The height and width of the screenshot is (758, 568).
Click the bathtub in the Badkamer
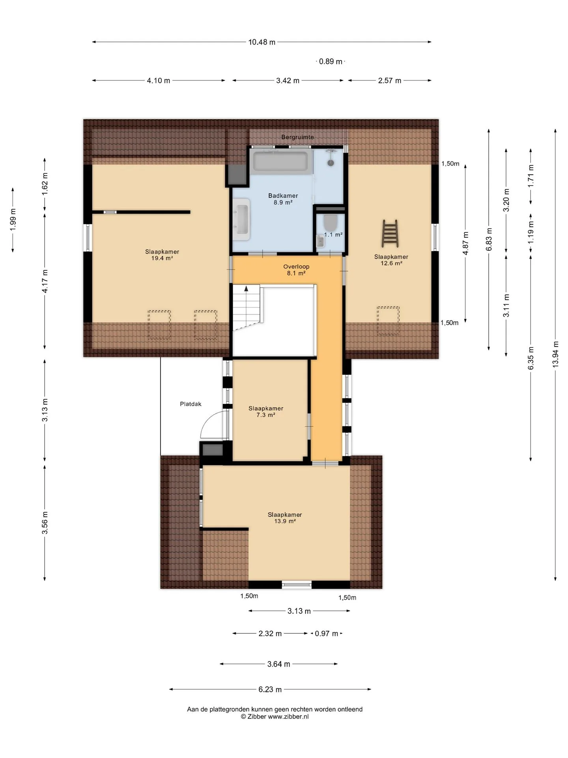pyautogui.click(x=280, y=161)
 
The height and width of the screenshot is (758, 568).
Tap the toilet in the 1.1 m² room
pyautogui.click(x=330, y=222)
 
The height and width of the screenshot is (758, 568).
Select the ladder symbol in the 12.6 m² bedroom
pyautogui.click(x=390, y=233)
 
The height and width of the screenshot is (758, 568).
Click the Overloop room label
pyautogui.click(x=296, y=270)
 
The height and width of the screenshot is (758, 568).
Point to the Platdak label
pyautogui.click(x=191, y=404)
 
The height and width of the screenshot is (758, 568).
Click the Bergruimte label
pyautogui.click(x=297, y=137)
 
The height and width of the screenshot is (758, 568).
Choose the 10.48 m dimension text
pyautogui.click(x=262, y=42)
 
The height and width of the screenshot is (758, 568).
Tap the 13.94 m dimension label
pyautogui.click(x=555, y=354)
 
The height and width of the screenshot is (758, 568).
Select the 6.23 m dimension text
pyautogui.click(x=270, y=689)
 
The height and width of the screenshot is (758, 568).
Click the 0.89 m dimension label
pyautogui.click(x=331, y=61)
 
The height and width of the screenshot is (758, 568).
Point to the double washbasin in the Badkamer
pyautogui.click(x=241, y=219)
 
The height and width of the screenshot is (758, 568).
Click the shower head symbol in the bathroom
pyautogui.click(x=331, y=162)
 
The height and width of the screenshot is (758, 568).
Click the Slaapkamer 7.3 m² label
pyautogui.click(x=266, y=411)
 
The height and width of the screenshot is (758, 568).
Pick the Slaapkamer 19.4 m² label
pyautogui.click(x=162, y=255)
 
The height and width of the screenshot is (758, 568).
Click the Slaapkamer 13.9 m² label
pyautogui.click(x=285, y=518)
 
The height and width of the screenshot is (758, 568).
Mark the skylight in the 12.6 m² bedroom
pyautogui.click(x=388, y=321)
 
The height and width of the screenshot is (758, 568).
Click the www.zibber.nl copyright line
pyautogui.click(x=275, y=717)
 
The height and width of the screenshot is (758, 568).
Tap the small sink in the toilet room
pyautogui.click(x=320, y=241)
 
